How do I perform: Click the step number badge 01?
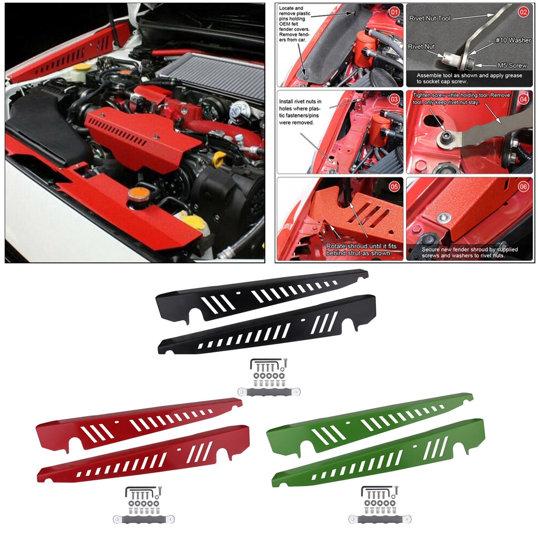pos(394,13)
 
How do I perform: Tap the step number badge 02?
pos(523,12)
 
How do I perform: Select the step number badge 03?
pos(394,99)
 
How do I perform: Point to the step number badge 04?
pos(523,99)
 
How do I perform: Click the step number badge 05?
pos(394,187)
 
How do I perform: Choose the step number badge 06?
pos(523,187)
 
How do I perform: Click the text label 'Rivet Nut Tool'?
pos(429,18)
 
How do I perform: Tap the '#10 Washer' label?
pos(513,40)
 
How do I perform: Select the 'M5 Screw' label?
pos(512,65)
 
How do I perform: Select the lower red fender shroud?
pos(145,457)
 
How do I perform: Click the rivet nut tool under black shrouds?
pos(269,391)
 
